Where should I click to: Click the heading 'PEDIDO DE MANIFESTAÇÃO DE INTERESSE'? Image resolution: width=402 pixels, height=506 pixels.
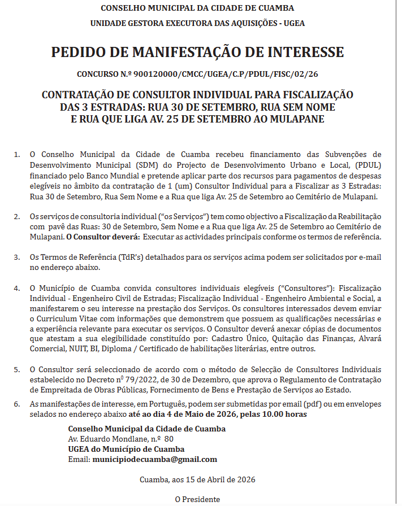[x=197, y=53]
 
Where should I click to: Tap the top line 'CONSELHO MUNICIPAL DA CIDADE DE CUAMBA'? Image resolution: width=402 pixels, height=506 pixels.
[x=197, y=8]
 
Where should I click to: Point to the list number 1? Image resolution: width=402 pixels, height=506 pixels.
[x=17, y=154]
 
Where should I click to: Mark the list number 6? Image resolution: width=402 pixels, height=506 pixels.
[x=17, y=404]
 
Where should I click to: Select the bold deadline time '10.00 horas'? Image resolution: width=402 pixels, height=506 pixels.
[x=284, y=415]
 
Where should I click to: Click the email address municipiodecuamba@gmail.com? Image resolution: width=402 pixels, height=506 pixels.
[x=154, y=460]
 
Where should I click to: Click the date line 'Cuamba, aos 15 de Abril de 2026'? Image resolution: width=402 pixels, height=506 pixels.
[x=197, y=480]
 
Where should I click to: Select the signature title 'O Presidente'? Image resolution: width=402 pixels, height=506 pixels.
[x=197, y=499]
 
